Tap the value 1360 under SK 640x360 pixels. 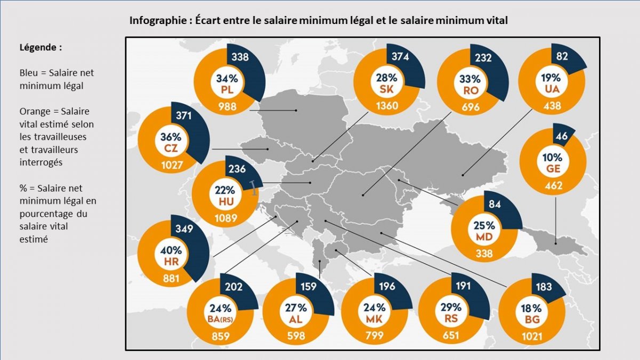(387, 105)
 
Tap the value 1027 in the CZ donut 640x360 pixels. (172, 165)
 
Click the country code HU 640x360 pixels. (226, 202)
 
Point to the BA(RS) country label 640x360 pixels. (220, 318)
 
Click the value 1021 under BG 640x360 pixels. (532, 336)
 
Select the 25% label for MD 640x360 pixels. (484, 226)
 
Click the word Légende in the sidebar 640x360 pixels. (40, 47)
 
